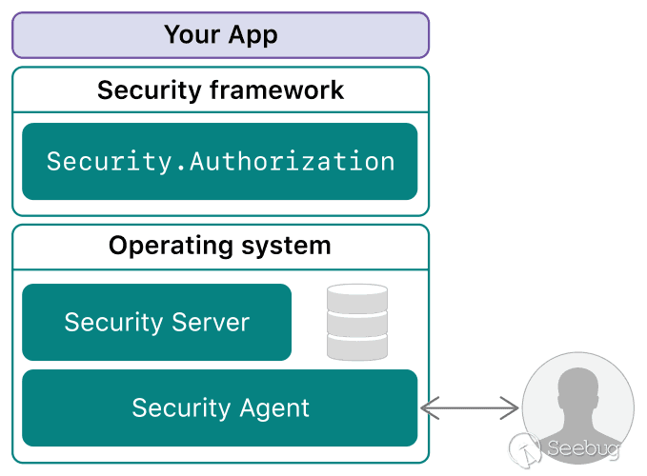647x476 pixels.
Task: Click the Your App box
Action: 220,35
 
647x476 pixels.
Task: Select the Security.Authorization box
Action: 220,161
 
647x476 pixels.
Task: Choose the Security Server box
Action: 156,323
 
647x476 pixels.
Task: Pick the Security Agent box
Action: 220,408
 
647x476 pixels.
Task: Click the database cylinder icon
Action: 357,322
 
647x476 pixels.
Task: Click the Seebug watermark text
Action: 583,448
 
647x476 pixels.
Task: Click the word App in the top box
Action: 253,35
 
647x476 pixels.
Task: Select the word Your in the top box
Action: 192,35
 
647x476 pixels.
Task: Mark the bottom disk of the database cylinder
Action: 357,347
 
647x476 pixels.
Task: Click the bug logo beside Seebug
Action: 526,448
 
